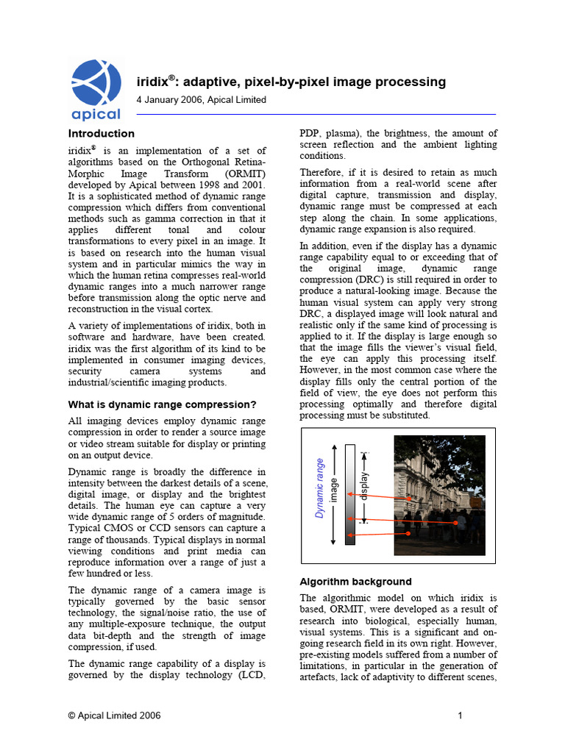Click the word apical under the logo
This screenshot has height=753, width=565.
tap(96, 114)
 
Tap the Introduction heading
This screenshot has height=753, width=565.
tap(102, 134)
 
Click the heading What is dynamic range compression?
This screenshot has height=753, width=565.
tap(162, 404)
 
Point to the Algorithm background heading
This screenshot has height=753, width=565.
tap(355, 582)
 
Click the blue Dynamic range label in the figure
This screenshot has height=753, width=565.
tap(320, 488)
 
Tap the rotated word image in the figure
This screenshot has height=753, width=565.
tap(335, 489)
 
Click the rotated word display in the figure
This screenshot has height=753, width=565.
tap(363, 486)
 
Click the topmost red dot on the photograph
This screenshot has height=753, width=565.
tap(409, 499)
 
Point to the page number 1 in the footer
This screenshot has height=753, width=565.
tap(459, 715)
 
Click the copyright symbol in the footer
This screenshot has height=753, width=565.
tap(72, 715)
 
